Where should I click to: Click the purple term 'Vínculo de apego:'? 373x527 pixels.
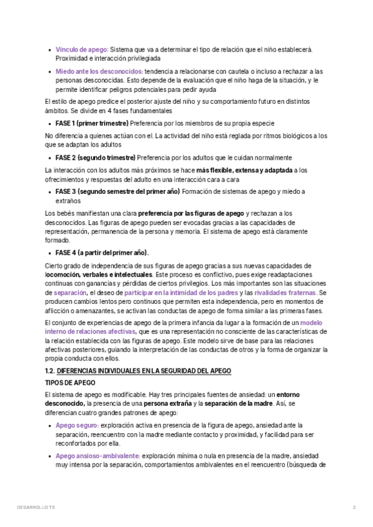pyautogui.click(x=81, y=49)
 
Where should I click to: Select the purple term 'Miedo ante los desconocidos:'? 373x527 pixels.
pyautogui.click(x=99, y=71)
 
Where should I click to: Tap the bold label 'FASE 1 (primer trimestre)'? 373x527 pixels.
pyautogui.click(x=92, y=123)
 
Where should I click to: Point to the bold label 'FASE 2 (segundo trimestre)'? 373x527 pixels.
pyautogui.click(x=95, y=157)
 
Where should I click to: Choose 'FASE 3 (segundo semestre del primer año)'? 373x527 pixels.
pyautogui.click(x=117, y=191)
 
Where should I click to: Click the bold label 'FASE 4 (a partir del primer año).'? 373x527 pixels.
pyautogui.click(x=103, y=253)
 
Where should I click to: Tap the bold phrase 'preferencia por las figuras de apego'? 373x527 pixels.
pyautogui.click(x=191, y=213)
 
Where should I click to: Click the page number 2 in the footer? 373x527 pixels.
pyautogui.click(x=354, y=508)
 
